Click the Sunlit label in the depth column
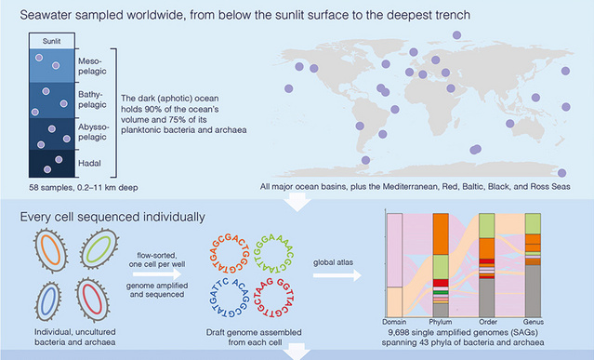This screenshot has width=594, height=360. pos(51,41)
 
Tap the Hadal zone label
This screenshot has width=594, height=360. pos(89,164)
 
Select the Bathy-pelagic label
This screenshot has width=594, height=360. pos(92,100)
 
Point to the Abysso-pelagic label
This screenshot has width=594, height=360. pos(94,132)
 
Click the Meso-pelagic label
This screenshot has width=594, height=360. pos(92,66)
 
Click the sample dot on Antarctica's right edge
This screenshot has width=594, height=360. pos(561,173)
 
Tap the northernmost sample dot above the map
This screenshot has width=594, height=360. pos(456,35)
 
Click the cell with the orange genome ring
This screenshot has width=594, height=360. pos(51,249)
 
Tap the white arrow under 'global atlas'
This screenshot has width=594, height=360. pos(337,275)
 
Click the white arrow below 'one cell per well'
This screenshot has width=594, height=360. pos(157,274)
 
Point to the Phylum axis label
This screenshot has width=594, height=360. pos(441,322)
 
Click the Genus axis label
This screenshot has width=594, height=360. pos(533,322)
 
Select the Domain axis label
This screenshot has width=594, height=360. pos(394,322)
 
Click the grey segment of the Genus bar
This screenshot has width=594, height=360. pos(533,290)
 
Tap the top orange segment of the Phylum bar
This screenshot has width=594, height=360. pos(441,233)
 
